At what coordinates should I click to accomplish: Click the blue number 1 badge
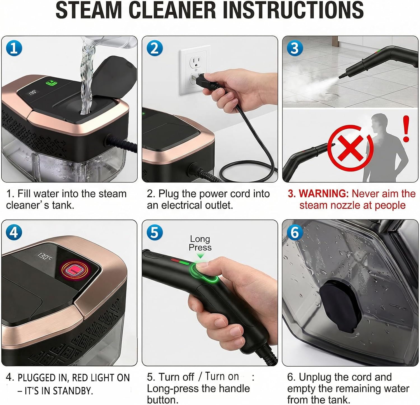tap(14, 48)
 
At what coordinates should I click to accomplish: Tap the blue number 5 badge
tap(155, 232)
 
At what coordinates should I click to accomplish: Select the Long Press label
tap(200, 243)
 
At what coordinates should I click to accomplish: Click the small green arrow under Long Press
tap(200, 256)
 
